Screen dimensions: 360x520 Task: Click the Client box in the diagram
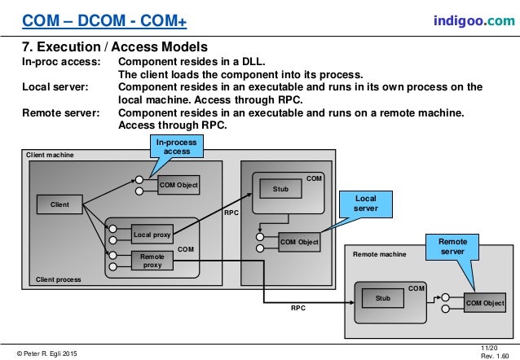point(59,204)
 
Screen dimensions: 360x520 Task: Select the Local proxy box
point(151,235)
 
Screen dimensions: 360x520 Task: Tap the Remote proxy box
point(151,260)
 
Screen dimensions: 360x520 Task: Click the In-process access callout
point(177,147)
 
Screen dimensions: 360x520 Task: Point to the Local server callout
point(365,204)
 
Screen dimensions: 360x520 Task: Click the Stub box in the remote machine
point(382,298)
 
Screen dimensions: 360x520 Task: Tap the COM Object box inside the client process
point(178,186)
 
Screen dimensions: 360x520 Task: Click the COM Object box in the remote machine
point(485,303)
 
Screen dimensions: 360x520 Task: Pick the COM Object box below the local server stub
point(299,242)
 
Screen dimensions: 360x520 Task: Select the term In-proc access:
point(60,62)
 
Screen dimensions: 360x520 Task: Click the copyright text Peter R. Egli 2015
point(50,351)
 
